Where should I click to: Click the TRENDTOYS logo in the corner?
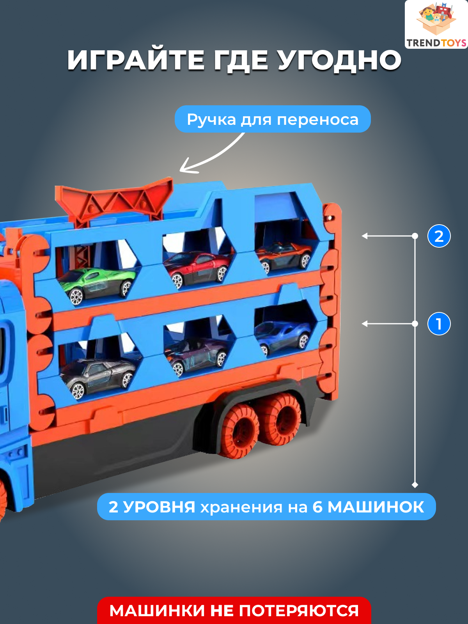coord(436,25)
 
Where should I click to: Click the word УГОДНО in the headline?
coord(339,60)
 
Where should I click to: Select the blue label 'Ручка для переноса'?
coord(273,119)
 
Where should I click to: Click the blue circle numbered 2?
coord(439,236)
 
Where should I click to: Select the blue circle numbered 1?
coord(439,324)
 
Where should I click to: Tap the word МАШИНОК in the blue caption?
coord(376,507)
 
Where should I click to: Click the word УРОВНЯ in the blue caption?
coord(160,507)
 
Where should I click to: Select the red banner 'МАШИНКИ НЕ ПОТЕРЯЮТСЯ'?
coord(234,611)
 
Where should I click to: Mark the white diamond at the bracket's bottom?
coord(415,485)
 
